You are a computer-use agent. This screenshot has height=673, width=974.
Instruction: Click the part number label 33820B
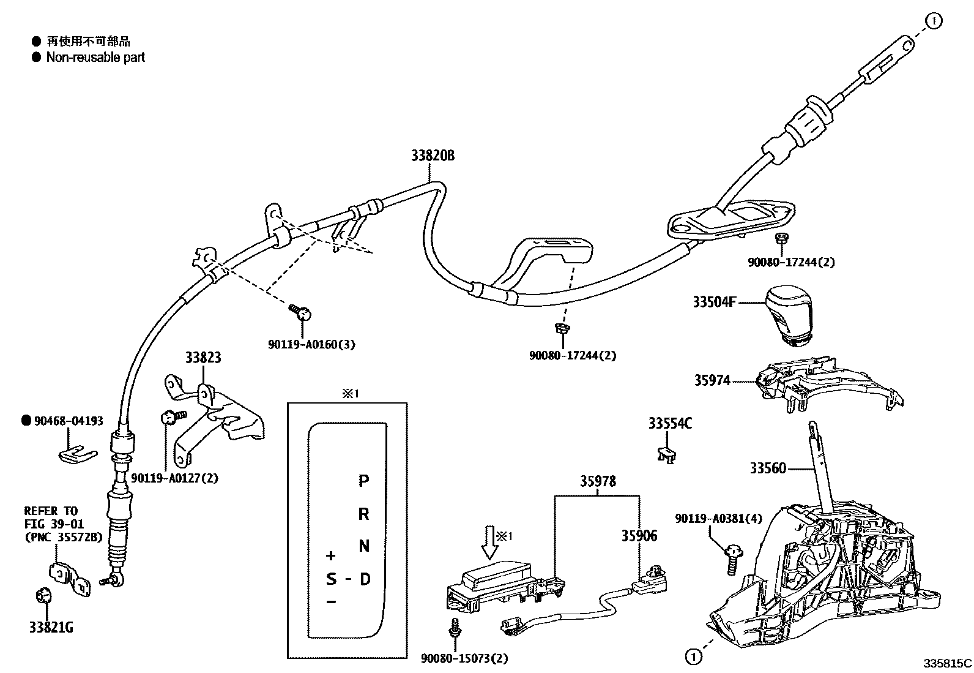tap(433, 156)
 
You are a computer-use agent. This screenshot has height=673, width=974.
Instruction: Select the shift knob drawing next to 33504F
tap(789, 317)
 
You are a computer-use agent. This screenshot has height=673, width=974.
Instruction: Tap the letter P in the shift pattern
tap(363, 481)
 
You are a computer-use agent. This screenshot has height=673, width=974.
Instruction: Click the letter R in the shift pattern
tap(364, 514)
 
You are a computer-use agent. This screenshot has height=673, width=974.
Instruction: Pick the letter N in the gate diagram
tap(364, 546)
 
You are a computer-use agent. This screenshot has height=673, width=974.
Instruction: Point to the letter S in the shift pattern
tap(331, 579)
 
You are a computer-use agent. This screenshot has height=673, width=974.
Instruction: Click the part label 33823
tap(203, 358)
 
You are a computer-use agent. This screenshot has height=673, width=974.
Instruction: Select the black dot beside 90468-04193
tap(26, 421)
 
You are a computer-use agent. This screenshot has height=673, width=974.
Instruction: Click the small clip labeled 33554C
tap(667, 454)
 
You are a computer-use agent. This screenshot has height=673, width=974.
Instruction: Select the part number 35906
tap(639, 536)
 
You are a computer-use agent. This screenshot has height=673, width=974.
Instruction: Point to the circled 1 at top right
tap(934, 21)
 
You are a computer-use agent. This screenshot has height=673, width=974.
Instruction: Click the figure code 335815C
tap(948, 663)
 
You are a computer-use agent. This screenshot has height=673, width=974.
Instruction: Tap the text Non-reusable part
tap(96, 58)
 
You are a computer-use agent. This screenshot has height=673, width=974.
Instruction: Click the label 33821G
tap(51, 628)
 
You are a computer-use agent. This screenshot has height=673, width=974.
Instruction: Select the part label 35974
tap(712, 381)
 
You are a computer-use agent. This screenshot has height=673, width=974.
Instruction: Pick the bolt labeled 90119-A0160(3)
tap(301, 312)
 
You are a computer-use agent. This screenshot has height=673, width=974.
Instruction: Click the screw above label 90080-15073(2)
tap(455, 626)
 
